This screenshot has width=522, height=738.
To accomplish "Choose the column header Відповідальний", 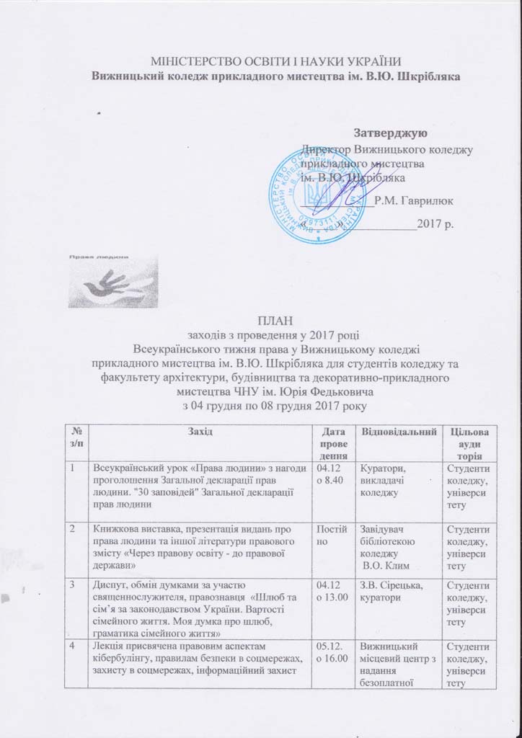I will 399,431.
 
